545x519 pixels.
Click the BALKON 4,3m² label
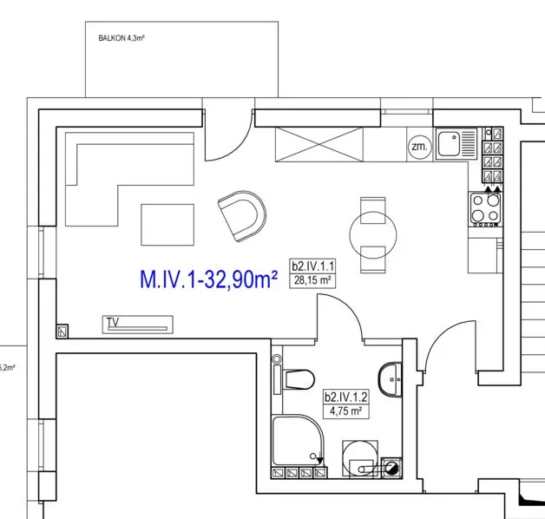pyautogui.click(x=121, y=38)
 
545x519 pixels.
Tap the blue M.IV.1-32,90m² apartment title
pyautogui.click(x=208, y=279)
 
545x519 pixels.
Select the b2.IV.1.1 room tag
pyautogui.click(x=312, y=266)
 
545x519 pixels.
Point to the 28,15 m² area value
pyautogui.click(x=312, y=280)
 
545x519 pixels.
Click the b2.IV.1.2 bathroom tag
pyautogui.click(x=346, y=397)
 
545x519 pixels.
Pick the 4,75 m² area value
pyautogui.click(x=346, y=411)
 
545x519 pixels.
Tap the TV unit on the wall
pyautogui.click(x=138, y=325)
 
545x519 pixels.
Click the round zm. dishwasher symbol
pyautogui.click(x=419, y=147)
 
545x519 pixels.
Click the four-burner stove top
pyautogui.click(x=486, y=209)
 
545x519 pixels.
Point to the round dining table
pyautogui.click(x=373, y=235)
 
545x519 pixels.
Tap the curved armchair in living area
pyautogui.click(x=242, y=216)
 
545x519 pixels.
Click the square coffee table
pyautogui.click(x=167, y=225)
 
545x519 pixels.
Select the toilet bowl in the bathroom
pyautogui.click(x=299, y=379)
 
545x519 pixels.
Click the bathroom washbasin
pyautogui.click(x=390, y=379)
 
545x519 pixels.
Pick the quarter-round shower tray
pyautogui.click(x=299, y=441)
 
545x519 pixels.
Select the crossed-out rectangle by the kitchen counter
pyautogui.click(x=319, y=144)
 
